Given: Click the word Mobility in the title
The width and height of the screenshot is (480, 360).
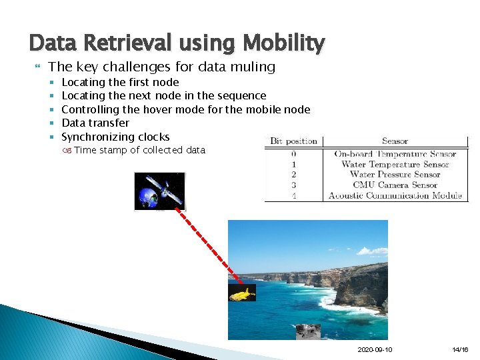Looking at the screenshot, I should (x=285, y=43).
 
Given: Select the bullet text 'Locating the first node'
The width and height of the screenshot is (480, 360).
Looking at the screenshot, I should (x=120, y=82).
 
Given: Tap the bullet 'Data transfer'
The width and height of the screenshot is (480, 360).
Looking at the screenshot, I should (x=95, y=123).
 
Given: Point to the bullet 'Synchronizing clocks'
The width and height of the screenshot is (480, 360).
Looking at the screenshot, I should (x=115, y=137).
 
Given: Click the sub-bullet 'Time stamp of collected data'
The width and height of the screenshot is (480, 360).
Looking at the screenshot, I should (x=139, y=150).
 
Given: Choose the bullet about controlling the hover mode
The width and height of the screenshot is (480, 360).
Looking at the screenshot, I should (x=185, y=109).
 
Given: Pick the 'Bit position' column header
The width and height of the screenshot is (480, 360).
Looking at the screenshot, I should (x=293, y=141).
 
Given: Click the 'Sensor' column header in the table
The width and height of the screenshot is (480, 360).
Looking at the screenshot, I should (x=395, y=141).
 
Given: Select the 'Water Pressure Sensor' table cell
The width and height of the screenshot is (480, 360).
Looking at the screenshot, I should (x=395, y=175).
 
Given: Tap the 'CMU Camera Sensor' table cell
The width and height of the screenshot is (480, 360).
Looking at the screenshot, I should (x=395, y=185).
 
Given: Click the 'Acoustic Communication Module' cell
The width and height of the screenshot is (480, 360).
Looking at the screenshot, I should (x=395, y=196).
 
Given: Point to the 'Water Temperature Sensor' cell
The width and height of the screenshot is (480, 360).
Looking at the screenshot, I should (x=395, y=165).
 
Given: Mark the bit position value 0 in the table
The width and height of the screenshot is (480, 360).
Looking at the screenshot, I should (x=293, y=154).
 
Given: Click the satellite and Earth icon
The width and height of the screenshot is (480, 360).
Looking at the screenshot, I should (x=160, y=191).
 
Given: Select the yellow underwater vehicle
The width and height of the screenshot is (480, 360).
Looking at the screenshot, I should (x=242, y=293).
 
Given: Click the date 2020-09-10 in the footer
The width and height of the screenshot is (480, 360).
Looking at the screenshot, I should (x=375, y=350).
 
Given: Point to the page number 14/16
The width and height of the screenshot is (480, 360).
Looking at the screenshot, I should (x=460, y=350).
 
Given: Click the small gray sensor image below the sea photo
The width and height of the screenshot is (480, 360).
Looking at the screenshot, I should (x=308, y=331).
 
